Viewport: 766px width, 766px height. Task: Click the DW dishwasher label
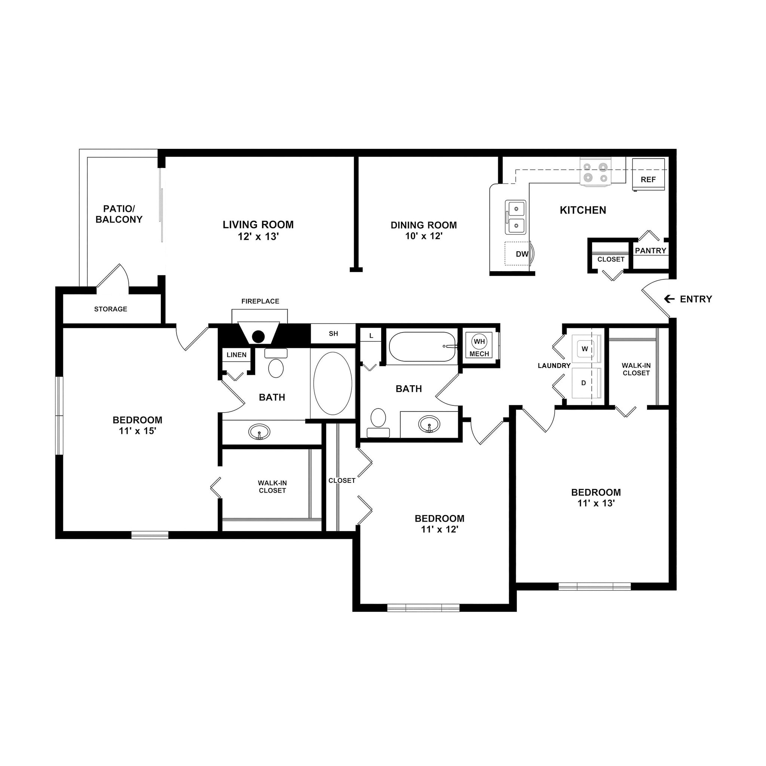point(522,254)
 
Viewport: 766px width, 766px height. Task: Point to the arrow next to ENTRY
point(669,299)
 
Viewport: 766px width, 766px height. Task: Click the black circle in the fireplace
point(258,337)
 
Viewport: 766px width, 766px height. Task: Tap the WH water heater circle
point(479,341)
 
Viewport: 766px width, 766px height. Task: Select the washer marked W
point(585,349)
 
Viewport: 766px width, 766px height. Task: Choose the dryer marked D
point(583,383)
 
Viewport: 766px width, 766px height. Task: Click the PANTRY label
point(650,251)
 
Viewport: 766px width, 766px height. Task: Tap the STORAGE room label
point(111,309)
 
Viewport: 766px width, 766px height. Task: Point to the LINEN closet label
point(236,355)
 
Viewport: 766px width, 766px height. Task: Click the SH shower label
point(333,333)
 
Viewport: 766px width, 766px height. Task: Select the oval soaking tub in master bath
point(332,383)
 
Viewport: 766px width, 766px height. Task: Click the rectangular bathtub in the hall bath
point(422,346)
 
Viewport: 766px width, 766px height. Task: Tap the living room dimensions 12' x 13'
point(258,237)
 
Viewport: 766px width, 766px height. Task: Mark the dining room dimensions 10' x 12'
point(423,236)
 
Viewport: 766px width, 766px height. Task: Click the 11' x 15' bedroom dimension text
point(137,431)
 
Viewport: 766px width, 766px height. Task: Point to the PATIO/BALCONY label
point(119,214)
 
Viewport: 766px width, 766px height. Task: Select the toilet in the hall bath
point(378,422)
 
